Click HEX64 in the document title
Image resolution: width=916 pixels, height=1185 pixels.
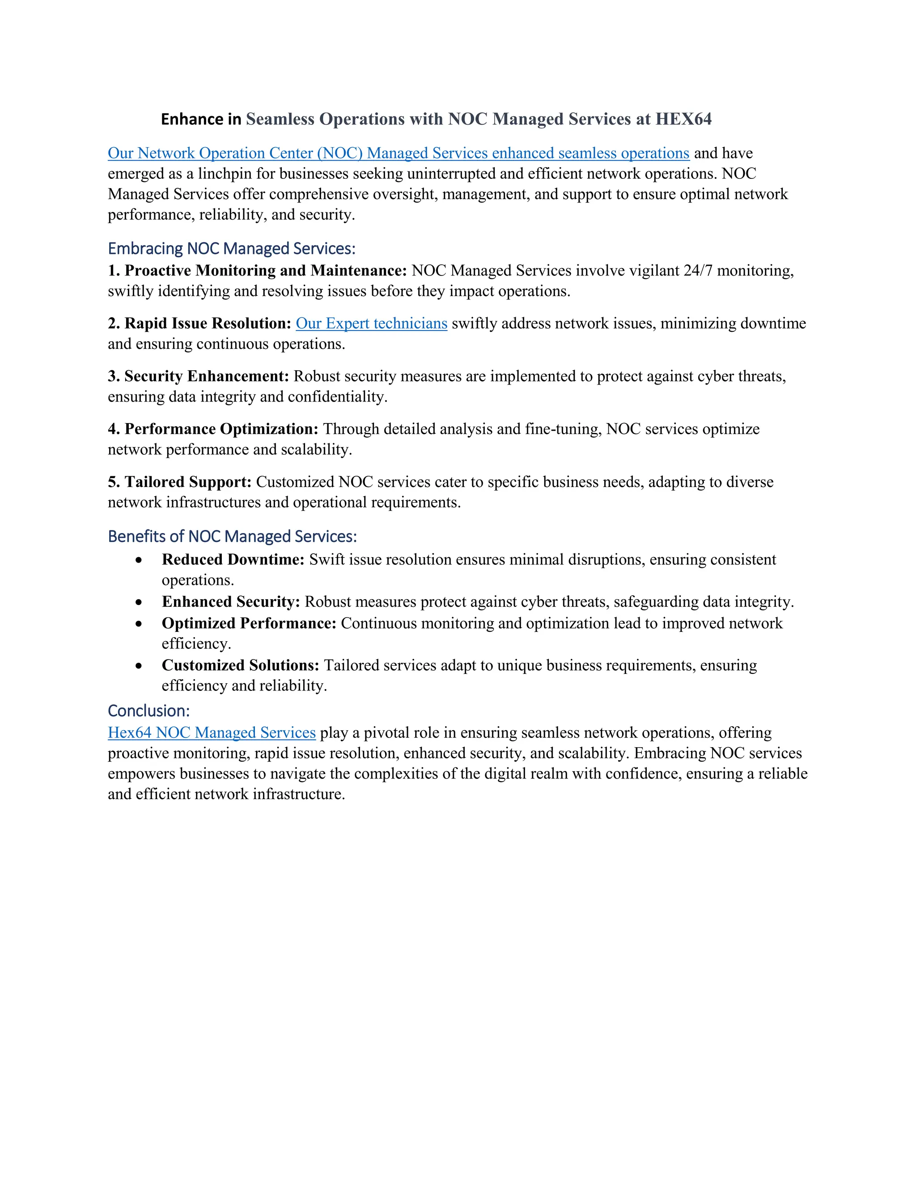pos(683,119)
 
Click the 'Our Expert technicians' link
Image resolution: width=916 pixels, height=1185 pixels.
pos(371,323)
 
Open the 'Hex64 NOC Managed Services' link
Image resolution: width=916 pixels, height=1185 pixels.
pos(212,732)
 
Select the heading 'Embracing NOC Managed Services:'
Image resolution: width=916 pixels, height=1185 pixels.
pos(232,249)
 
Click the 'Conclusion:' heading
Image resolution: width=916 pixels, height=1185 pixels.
pos(148,711)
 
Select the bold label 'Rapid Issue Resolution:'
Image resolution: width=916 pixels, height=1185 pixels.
pos(208,323)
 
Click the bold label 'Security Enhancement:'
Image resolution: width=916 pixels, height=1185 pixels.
pos(206,376)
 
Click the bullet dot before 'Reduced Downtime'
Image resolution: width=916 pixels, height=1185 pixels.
pos(139,560)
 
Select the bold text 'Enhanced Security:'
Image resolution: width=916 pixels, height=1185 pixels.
pos(231,602)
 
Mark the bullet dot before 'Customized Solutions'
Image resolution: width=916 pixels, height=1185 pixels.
pos(139,666)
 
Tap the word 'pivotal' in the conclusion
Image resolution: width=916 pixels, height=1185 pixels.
pos(387,732)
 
